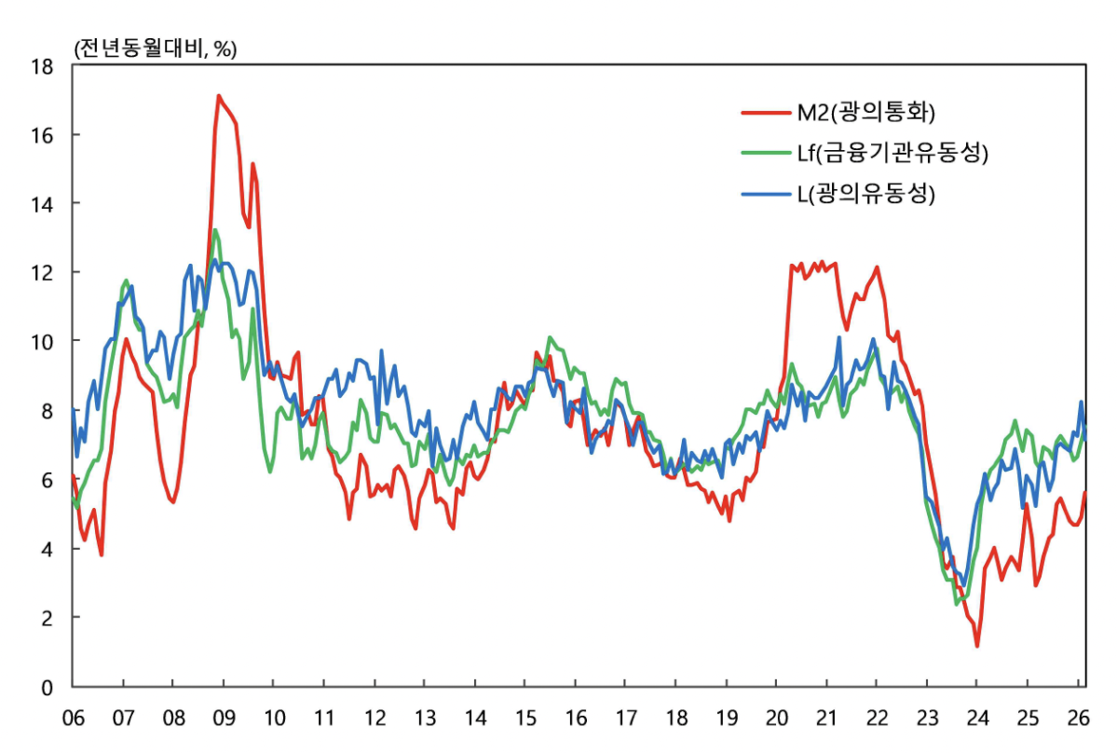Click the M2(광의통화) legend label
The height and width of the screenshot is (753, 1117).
[x=865, y=112]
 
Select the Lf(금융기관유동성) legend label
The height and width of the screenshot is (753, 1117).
[x=892, y=153]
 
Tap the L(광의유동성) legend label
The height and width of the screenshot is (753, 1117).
[x=865, y=194]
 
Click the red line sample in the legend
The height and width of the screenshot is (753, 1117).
[x=766, y=113]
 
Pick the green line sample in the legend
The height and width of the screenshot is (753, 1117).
[x=766, y=153]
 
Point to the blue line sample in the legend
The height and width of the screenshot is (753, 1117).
[x=766, y=194]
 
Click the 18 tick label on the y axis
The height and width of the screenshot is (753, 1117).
[x=42, y=67]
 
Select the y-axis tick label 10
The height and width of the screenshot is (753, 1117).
[x=42, y=342]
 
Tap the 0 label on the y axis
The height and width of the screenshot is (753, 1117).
[x=47, y=688]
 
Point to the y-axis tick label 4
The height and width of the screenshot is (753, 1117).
[x=47, y=549]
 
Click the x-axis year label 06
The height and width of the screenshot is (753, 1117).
[x=73, y=718]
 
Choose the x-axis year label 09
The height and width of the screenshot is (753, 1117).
[x=224, y=718]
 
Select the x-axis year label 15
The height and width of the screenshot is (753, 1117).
[x=525, y=718]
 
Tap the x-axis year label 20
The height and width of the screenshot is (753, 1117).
[x=776, y=718]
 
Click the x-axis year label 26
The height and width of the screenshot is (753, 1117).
[x=1078, y=718]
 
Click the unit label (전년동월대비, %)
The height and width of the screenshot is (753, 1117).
[x=156, y=48]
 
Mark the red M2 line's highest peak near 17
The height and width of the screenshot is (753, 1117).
[x=219, y=95]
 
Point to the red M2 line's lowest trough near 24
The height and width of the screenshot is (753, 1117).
[x=976, y=646]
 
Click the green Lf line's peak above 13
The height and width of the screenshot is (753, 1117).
[x=215, y=230]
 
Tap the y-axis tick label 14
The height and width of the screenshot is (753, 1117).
[x=42, y=204]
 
